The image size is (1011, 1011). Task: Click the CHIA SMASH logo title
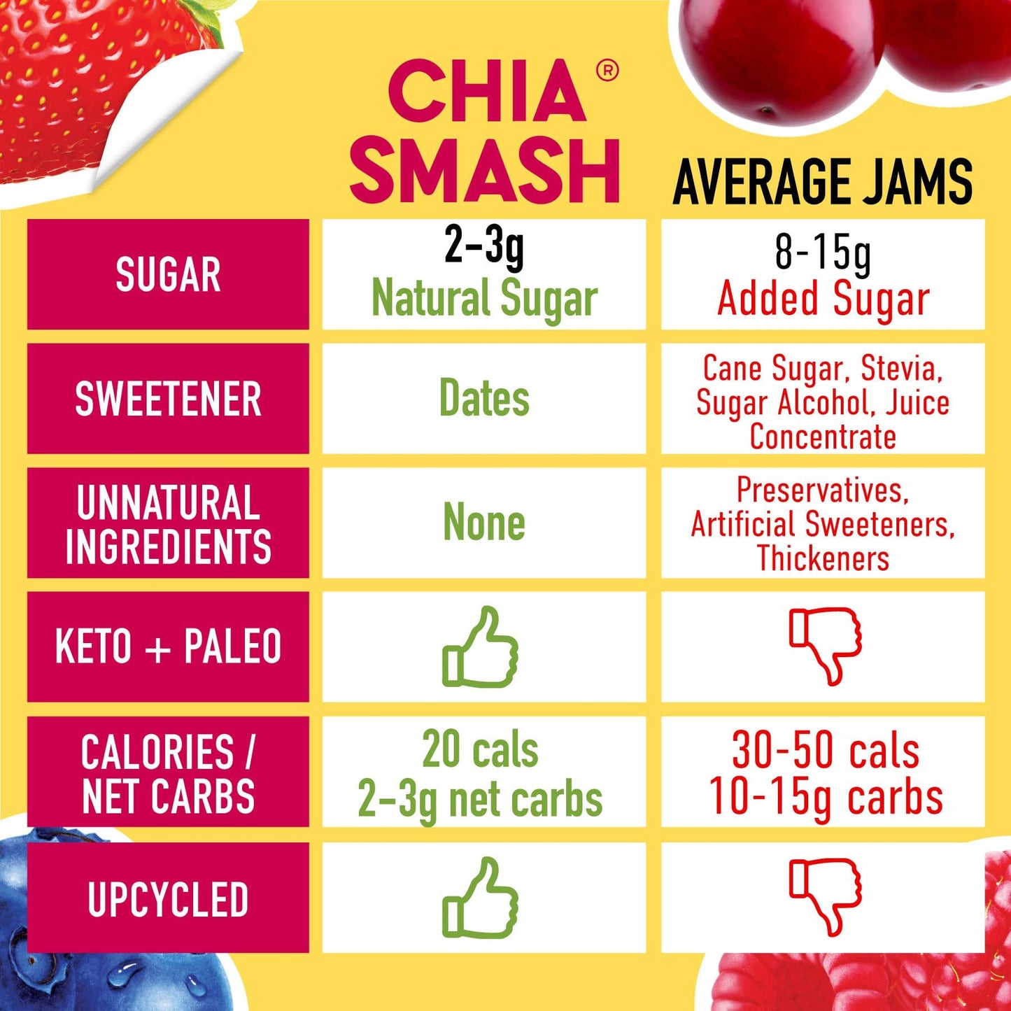click(x=485, y=132)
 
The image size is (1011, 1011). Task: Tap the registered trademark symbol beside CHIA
click(x=607, y=71)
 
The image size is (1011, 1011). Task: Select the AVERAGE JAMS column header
click(x=822, y=182)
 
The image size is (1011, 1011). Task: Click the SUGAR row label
click(x=168, y=274)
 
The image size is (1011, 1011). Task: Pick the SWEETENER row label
click(x=168, y=399)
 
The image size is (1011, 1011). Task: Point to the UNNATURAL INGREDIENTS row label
click(x=168, y=523)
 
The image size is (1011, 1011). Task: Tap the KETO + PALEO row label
click(x=168, y=646)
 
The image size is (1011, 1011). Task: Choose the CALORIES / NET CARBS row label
click(x=168, y=773)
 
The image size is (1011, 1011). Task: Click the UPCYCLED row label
click(x=168, y=899)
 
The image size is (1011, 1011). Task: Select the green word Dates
click(x=484, y=399)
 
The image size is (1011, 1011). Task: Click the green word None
click(x=484, y=523)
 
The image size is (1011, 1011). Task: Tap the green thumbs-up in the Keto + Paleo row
click(x=481, y=647)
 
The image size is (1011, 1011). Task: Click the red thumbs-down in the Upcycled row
click(x=825, y=896)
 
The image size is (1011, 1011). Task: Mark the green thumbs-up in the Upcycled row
click(x=481, y=898)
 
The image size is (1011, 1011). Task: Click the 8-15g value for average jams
click(x=823, y=253)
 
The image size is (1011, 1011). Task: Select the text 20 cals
click(x=480, y=750)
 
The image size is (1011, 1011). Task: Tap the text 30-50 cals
click(x=826, y=751)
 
